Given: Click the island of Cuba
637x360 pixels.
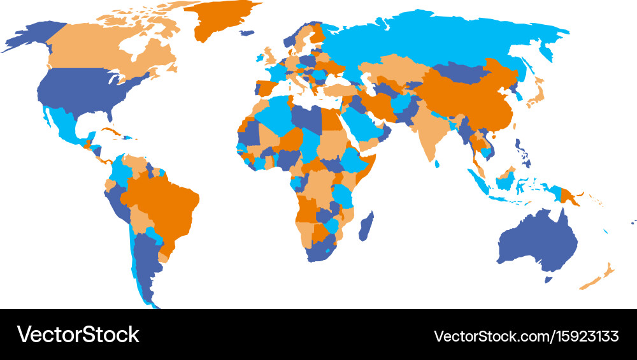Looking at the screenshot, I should click(x=110, y=133).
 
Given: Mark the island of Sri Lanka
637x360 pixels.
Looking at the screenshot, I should click(x=437, y=163).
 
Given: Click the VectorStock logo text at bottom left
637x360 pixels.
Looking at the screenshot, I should click(x=78, y=335).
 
